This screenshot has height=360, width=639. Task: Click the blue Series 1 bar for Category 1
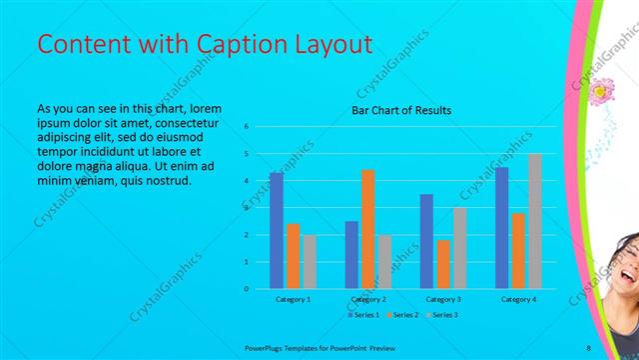pyautogui.click(x=277, y=231)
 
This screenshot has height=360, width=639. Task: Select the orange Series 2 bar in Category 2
pyautogui.click(x=368, y=229)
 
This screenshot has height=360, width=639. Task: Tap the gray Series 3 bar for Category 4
pyautogui.click(x=535, y=221)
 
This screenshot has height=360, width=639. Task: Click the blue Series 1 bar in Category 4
pyautogui.click(x=501, y=228)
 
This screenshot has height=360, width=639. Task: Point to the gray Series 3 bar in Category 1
pyautogui.click(x=310, y=262)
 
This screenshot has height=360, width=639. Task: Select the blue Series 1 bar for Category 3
pyautogui.click(x=426, y=241)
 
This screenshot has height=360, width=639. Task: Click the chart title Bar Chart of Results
pyautogui.click(x=401, y=110)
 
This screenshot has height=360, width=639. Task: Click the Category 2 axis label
pyautogui.click(x=368, y=300)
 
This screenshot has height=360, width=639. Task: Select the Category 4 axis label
pyautogui.click(x=518, y=300)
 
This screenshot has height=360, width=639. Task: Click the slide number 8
pyautogui.click(x=589, y=347)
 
